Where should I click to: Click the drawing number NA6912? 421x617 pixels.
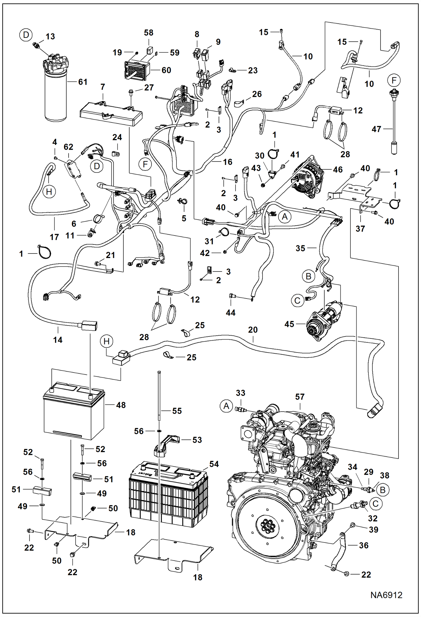tap(386, 595)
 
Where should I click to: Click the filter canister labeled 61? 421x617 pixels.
tap(56, 96)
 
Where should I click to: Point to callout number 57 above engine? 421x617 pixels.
tap(300, 397)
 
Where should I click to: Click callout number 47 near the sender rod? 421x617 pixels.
tap(376, 129)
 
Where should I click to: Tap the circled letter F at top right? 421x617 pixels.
tap(394, 80)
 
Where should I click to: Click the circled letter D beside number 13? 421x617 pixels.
tap(26, 35)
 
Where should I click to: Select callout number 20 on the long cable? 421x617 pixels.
tap(253, 330)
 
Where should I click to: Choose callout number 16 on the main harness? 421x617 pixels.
tap(227, 162)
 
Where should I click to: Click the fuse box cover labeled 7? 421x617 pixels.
tap(111, 114)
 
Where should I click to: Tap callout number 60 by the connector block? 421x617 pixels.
tap(166, 70)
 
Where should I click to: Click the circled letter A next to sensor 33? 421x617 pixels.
tap(227, 406)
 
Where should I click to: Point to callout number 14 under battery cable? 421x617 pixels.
tap(58, 340)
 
